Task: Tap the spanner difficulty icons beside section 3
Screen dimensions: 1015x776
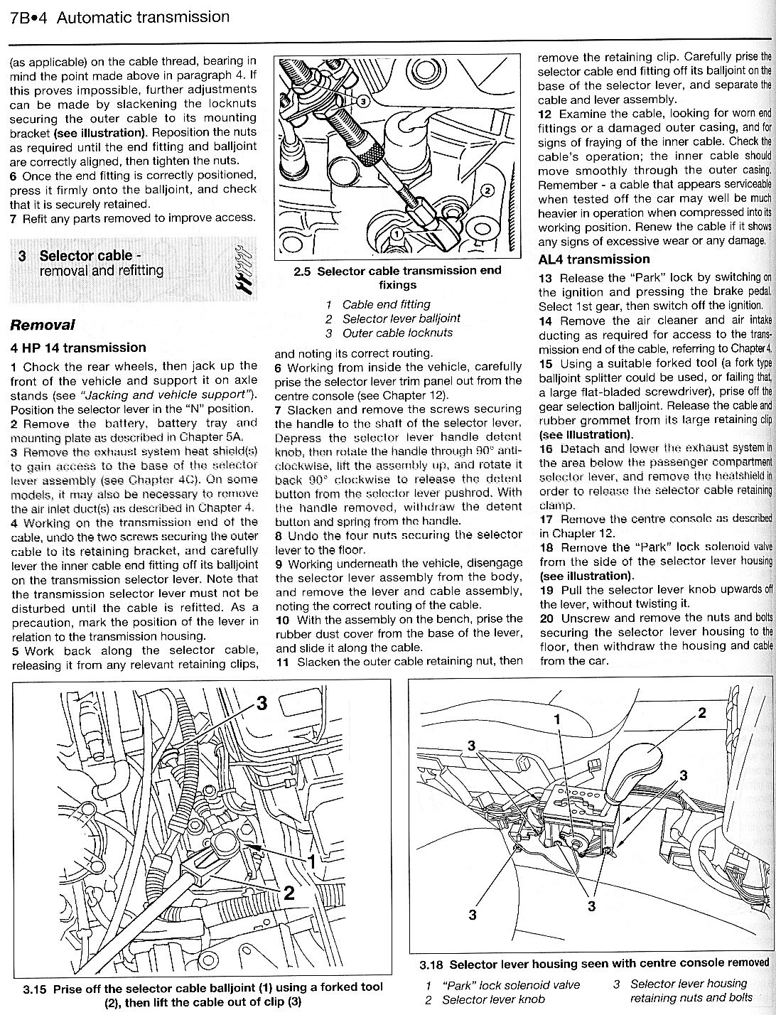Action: pyautogui.click(x=244, y=271)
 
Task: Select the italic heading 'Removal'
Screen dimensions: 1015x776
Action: pyautogui.click(x=43, y=325)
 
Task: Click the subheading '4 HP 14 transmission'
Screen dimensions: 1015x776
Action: pyautogui.click(x=78, y=348)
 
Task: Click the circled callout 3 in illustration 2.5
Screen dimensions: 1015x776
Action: pyautogui.click(x=362, y=102)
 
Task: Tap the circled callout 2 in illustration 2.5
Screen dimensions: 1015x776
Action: pyautogui.click(x=487, y=190)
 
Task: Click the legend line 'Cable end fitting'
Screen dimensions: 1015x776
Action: pyautogui.click(x=387, y=304)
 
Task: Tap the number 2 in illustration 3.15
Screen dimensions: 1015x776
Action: pyautogui.click(x=289, y=893)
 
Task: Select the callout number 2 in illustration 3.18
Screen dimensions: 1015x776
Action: pyautogui.click(x=702, y=714)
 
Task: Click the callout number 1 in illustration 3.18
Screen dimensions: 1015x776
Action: pyautogui.click(x=558, y=719)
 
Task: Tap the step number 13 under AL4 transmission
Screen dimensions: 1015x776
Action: pyautogui.click(x=546, y=278)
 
